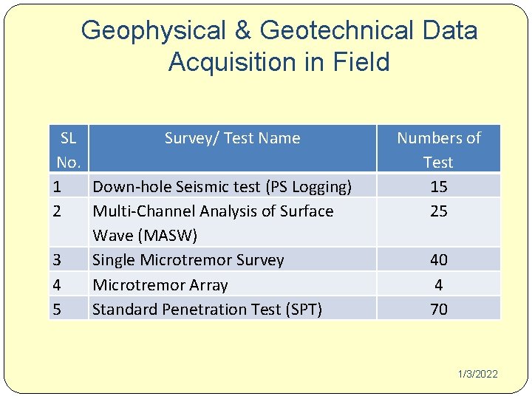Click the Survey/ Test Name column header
(x=232, y=138)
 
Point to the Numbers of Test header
(x=438, y=149)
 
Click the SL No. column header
(x=68, y=149)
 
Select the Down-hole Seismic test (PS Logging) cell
(x=222, y=187)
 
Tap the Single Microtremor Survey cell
(x=188, y=260)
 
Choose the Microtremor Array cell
(x=160, y=284)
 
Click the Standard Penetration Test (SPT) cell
(x=207, y=309)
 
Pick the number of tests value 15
(x=438, y=187)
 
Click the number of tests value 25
(x=438, y=211)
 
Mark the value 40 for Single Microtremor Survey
(x=438, y=260)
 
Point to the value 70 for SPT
(x=438, y=309)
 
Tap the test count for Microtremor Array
(x=438, y=284)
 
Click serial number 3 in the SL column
(x=57, y=260)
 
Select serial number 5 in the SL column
(x=57, y=309)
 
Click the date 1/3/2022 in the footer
(x=477, y=375)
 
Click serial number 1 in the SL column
(x=57, y=187)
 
